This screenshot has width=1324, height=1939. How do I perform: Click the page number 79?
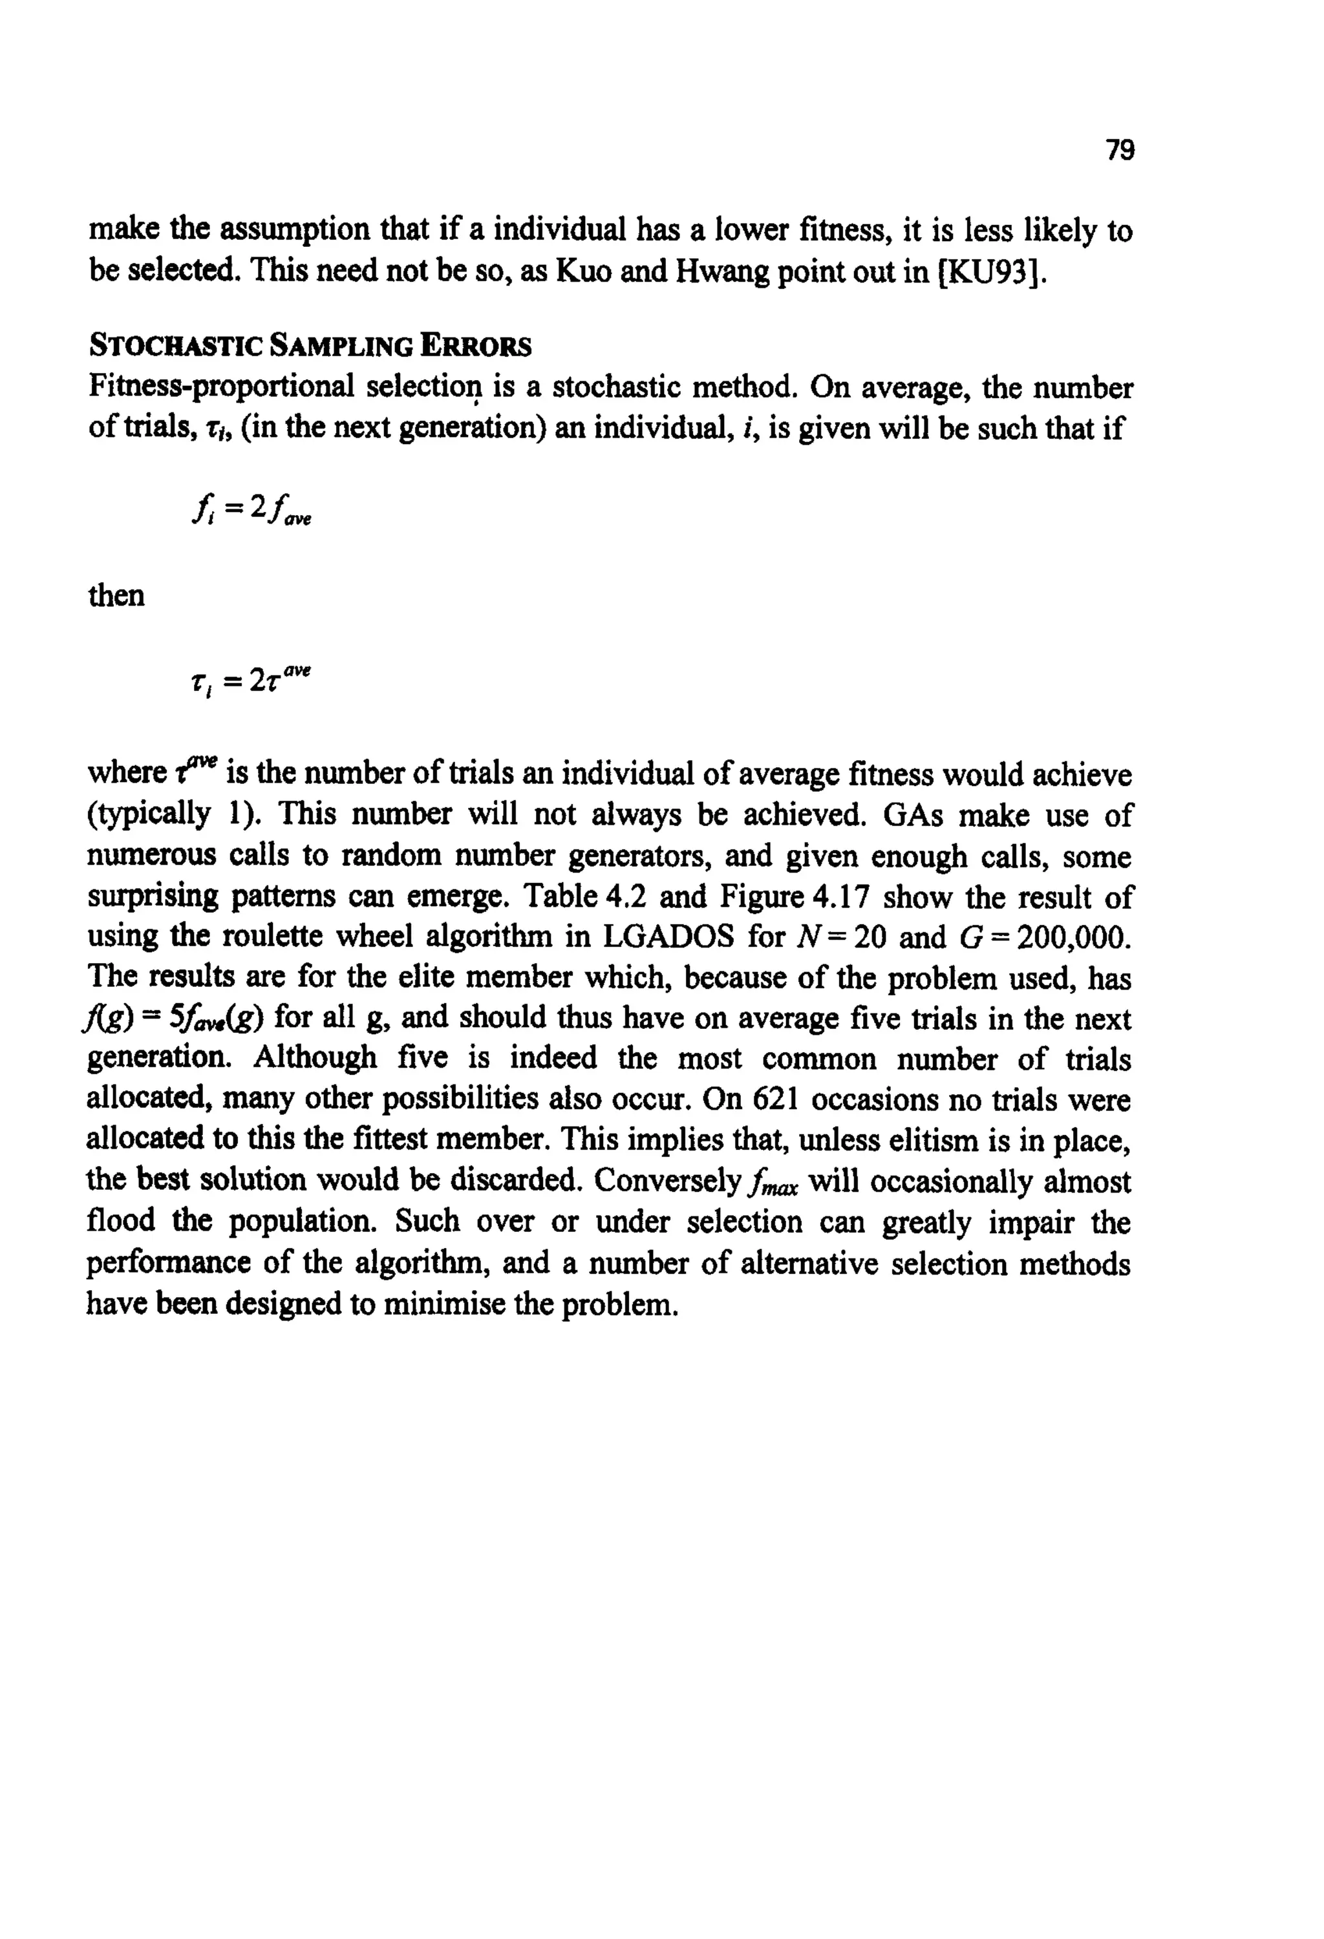[1120, 150]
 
